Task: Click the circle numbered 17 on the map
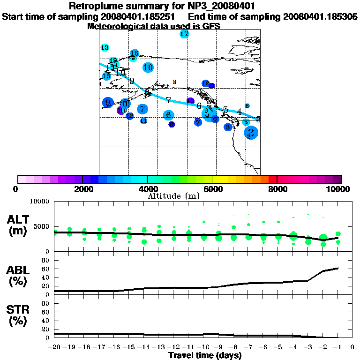pos(184,34)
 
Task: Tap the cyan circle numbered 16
pos(135,53)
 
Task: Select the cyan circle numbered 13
pos(105,48)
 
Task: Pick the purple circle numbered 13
pos(190,101)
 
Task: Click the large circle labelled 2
pos(251,133)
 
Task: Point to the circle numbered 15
pos(107,76)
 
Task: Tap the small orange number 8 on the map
pos(174,82)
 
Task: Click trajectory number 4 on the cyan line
pos(240,112)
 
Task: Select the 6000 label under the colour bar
pos(212,189)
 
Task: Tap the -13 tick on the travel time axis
pos(159,347)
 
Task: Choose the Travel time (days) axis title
pos(205,355)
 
